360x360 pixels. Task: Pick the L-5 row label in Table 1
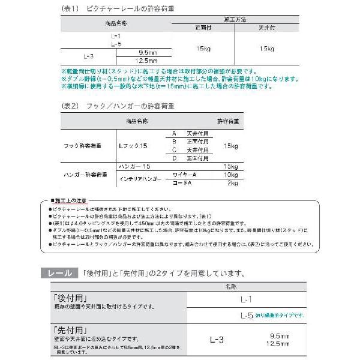coord(117,45)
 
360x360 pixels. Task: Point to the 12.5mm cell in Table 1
coord(147,61)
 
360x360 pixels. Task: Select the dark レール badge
coord(59,273)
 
